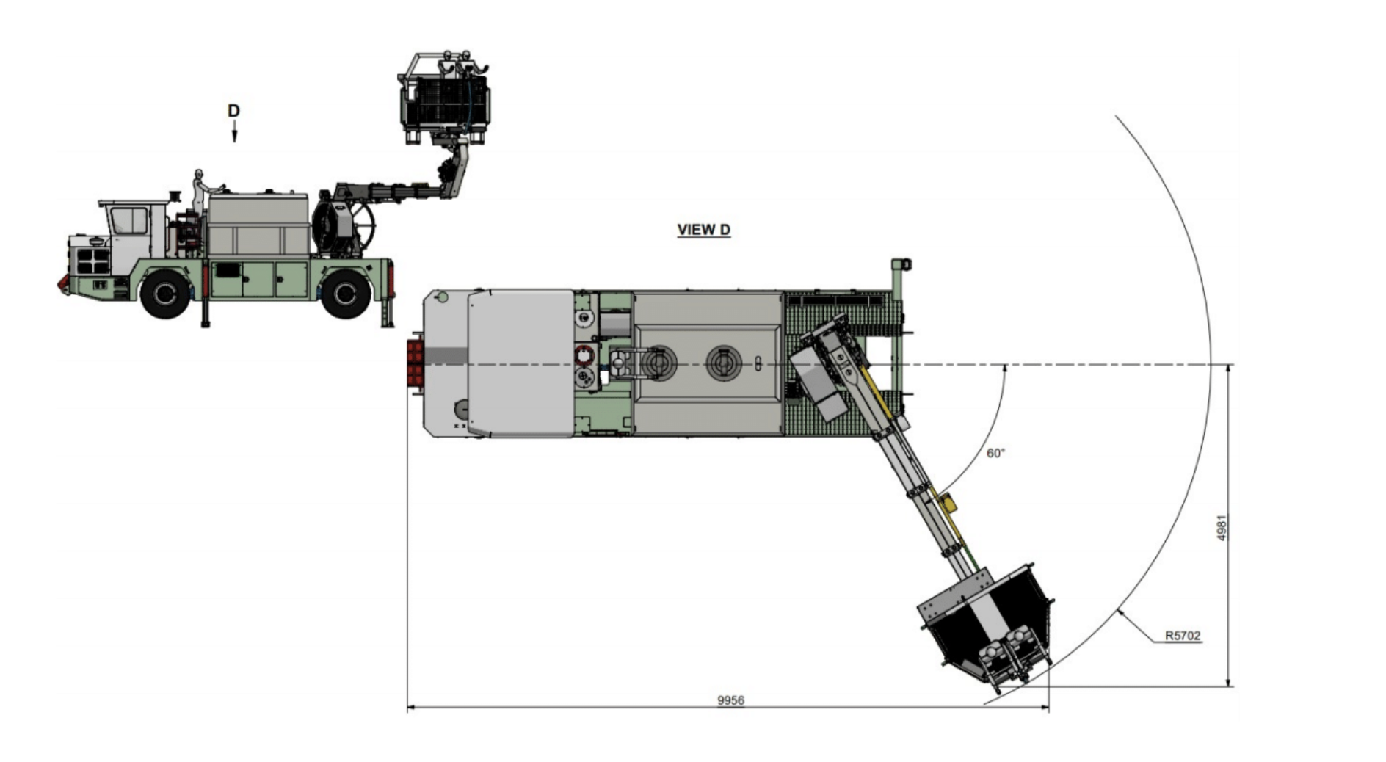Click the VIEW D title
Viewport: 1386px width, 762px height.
(x=703, y=230)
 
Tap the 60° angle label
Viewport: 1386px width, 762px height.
(x=995, y=454)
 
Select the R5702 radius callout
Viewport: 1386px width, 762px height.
(x=1183, y=636)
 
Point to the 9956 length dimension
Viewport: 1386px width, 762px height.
(x=730, y=700)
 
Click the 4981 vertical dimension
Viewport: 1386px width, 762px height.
(x=1222, y=528)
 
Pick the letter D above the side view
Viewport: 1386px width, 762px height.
(x=233, y=111)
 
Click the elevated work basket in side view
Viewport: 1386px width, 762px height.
(x=445, y=99)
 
